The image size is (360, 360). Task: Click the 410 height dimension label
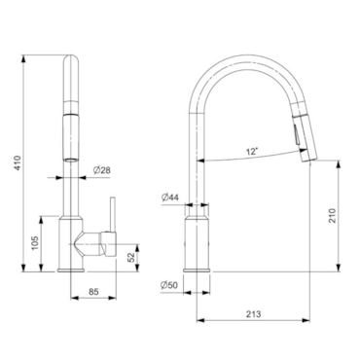18,163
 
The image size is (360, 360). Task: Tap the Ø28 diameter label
102,170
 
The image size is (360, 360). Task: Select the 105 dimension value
35,242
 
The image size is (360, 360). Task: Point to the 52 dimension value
130,257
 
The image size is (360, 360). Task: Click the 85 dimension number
93,292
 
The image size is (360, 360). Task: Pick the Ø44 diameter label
170,198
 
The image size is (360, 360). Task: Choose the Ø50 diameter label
169,285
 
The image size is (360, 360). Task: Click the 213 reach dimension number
253,314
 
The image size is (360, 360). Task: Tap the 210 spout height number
333,215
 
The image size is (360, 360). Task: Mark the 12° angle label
252,151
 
